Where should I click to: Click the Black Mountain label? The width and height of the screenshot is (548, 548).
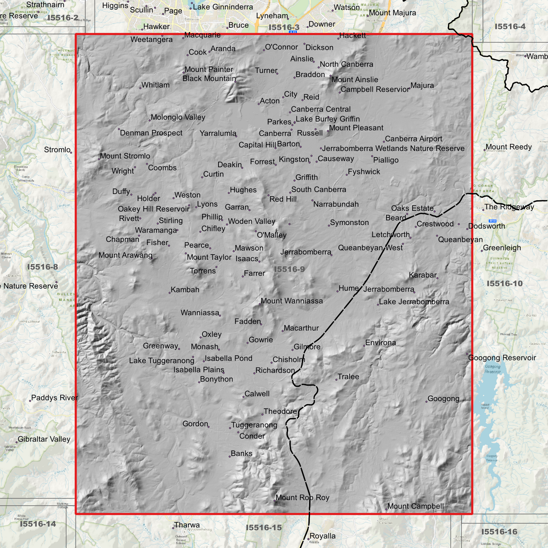click(209, 79)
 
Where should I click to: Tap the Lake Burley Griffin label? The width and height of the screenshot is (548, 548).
click(328, 119)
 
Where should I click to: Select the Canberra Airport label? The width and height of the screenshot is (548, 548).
click(413, 139)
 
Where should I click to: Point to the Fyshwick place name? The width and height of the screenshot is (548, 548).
click(364, 172)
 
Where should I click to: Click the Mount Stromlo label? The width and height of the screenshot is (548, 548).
click(125, 156)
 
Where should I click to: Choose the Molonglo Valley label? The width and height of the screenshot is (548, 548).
click(178, 117)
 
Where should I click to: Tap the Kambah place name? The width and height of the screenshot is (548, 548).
click(185, 290)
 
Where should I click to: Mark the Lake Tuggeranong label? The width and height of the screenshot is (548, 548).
click(162, 361)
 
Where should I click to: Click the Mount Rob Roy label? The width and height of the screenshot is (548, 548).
click(302, 498)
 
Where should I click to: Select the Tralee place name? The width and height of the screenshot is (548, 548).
click(348, 377)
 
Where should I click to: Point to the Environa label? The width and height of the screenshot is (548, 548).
click(380, 343)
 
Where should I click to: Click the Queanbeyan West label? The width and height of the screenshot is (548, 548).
click(370, 248)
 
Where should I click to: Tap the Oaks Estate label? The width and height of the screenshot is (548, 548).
click(412, 208)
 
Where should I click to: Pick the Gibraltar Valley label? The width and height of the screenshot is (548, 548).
click(44, 439)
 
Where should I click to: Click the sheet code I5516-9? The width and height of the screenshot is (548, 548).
click(289, 269)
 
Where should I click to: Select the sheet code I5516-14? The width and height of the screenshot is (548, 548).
click(38, 524)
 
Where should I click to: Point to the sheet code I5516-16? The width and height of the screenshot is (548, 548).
click(499, 532)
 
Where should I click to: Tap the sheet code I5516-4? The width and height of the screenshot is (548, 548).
click(510, 27)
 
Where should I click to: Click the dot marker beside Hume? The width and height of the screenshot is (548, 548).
click(337, 291)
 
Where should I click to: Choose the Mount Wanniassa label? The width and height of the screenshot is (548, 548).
click(292, 301)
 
